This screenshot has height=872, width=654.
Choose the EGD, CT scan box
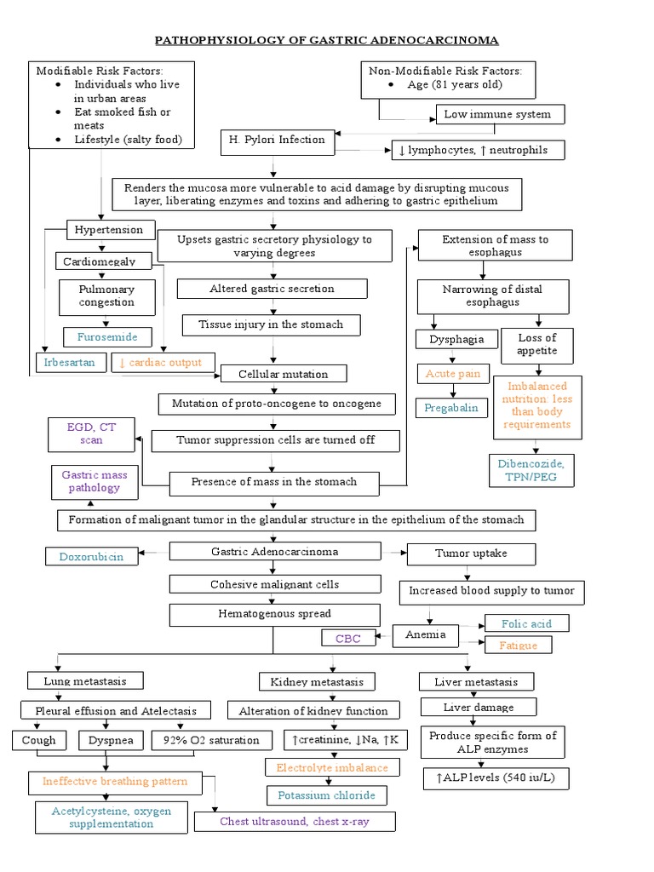(x=90, y=433)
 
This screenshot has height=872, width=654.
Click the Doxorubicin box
(x=91, y=556)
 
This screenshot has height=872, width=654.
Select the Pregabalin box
(x=451, y=408)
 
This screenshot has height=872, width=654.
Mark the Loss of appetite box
(x=537, y=344)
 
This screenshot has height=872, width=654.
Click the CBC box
(x=347, y=638)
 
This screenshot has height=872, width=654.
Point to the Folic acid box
(x=526, y=623)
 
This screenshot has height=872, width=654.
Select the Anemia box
(x=426, y=636)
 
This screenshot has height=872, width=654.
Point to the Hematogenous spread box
(x=272, y=614)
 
